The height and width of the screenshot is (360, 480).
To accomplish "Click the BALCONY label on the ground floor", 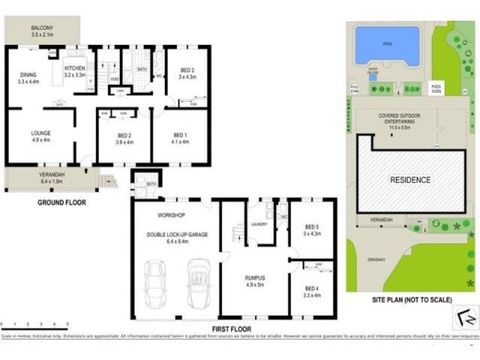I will [x=43, y=28].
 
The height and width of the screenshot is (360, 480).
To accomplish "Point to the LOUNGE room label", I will [x=41, y=133].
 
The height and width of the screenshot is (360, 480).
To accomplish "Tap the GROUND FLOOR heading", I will [x=62, y=203].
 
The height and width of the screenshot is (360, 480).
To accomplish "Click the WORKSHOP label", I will [x=171, y=215].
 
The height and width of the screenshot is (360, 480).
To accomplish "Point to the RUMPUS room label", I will [x=255, y=278].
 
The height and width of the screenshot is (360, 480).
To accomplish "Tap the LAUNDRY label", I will [x=260, y=224].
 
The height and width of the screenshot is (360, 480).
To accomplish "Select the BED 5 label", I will [x=311, y=227].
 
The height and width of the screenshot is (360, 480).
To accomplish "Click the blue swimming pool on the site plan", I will [x=386, y=45].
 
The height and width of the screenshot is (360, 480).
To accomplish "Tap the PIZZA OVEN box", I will [x=436, y=88].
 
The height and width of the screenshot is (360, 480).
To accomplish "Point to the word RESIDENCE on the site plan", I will [x=410, y=179].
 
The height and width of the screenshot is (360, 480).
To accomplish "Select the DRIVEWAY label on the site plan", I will [x=377, y=259].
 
